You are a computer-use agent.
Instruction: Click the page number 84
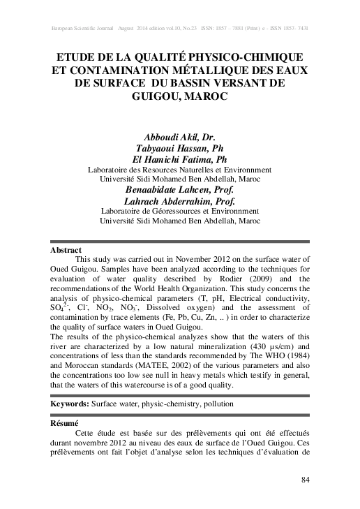pyautogui.click(x=305, y=480)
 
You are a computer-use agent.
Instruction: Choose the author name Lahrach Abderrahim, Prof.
pyautogui.click(x=179, y=200)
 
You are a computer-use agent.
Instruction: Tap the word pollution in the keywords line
pyautogui.click(x=216, y=404)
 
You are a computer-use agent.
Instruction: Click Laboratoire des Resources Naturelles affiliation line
pyautogui.click(x=179, y=169)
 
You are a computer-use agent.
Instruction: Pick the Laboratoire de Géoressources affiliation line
pyautogui.click(x=179, y=210)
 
